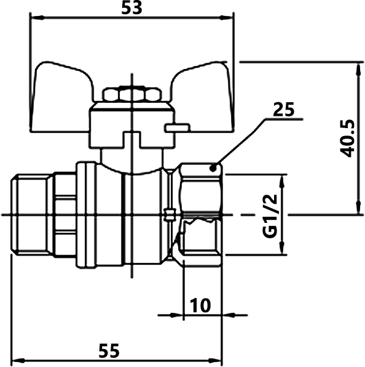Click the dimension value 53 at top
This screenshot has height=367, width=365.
pos(131,8)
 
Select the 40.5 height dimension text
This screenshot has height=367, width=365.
pos(347,139)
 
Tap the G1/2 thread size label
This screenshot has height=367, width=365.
pos(270,216)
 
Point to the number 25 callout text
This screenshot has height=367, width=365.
pos(283,110)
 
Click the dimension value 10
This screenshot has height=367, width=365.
pos(200,305)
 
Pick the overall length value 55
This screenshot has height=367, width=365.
pos(109,350)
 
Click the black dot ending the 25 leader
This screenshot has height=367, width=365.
pos(213,168)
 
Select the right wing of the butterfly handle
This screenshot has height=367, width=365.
pos(202,96)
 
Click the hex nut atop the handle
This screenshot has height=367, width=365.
pos(132,94)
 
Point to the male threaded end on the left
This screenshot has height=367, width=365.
pos(32,215)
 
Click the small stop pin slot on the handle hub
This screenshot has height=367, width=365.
pos(178,128)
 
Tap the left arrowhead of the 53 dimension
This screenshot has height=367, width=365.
pos(38,18)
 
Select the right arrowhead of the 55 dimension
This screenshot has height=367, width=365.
pos(215,360)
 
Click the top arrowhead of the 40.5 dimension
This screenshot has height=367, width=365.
pos(358,69)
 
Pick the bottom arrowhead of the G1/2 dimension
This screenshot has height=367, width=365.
pos(282,248)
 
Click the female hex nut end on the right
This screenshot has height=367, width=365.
pos(200,215)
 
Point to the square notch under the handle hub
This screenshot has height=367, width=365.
pos(132,140)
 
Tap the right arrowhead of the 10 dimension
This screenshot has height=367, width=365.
pos(229,315)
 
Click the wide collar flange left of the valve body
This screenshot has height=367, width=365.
pos(87,215)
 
